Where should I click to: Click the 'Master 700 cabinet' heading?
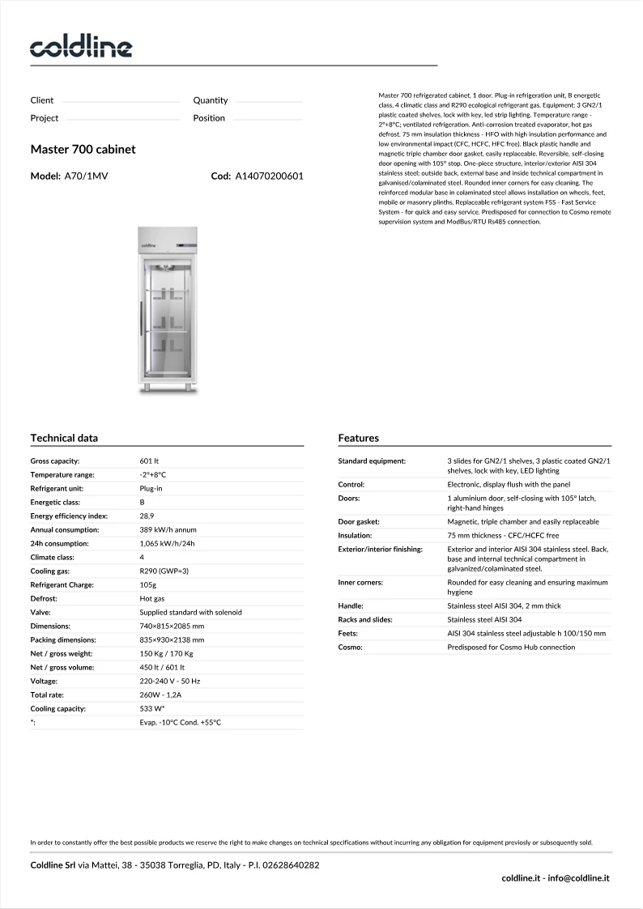coord(83,150)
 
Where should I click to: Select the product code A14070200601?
coord(269,176)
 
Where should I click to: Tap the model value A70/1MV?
coord(86,176)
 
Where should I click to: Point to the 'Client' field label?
coord(42,100)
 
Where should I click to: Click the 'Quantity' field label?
coord(211,100)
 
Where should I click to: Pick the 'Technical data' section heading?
coord(64,438)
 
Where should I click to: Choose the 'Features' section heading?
coord(358,438)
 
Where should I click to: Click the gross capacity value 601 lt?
coord(151,461)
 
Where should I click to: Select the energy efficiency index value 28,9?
coord(147,516)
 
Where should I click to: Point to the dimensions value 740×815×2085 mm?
coord(172,626)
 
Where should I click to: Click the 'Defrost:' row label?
coord(45,598)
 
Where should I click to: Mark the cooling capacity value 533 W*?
coord(152,708)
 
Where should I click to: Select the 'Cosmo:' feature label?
coord(351,647)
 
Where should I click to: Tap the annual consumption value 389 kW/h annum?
coord(169,529)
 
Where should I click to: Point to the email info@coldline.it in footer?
coord(579,877)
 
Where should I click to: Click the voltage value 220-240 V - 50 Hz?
coord(170,681)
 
